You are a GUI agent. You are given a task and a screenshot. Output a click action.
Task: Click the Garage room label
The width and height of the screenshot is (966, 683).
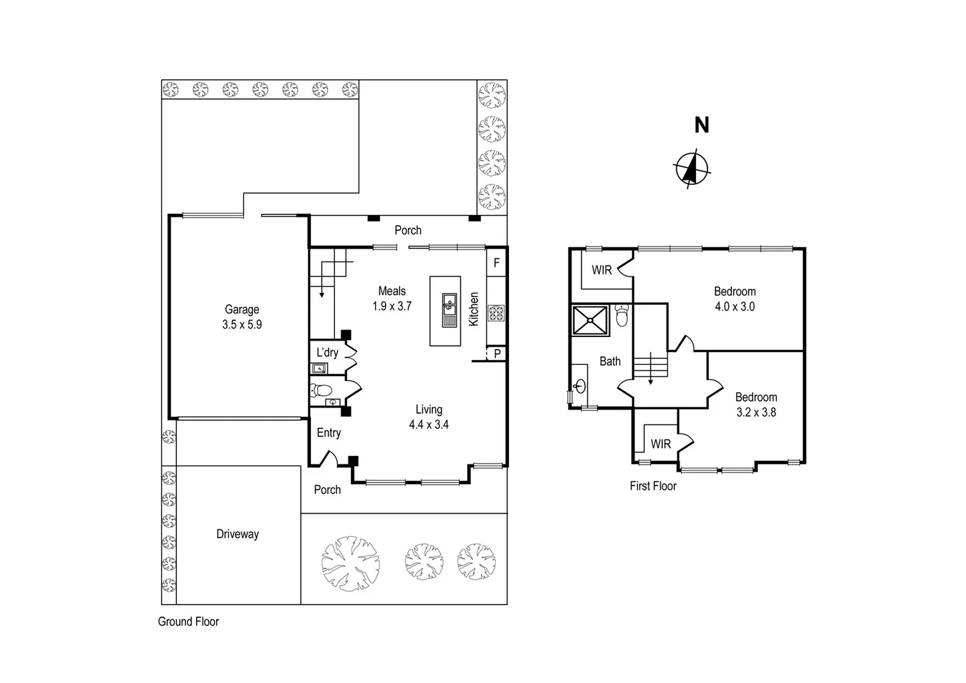(241, 309)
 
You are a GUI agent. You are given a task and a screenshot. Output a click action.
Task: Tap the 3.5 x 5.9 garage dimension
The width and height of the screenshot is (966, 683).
(241, 325)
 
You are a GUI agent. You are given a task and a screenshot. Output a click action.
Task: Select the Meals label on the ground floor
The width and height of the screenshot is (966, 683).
(391, 291)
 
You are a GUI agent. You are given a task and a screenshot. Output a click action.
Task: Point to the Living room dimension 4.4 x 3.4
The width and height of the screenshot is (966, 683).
(429, 425)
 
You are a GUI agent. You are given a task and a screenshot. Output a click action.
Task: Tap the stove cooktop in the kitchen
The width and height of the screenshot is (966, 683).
(496, 312)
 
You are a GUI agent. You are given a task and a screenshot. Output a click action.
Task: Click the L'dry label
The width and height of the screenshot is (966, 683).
(327, 353)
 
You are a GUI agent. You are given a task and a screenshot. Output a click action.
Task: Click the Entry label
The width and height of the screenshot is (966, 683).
(329, 433)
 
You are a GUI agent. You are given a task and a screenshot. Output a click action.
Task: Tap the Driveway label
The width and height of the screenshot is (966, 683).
(237, 534)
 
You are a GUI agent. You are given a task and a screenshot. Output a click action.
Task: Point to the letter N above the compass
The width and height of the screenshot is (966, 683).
(702, 125)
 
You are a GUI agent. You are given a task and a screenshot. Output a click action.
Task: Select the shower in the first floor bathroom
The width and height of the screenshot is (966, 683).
(590, 320)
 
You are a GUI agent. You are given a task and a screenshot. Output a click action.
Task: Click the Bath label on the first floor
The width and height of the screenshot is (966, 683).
(609, 361)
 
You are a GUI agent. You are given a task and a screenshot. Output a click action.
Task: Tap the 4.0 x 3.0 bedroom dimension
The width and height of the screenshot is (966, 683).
(735, 307)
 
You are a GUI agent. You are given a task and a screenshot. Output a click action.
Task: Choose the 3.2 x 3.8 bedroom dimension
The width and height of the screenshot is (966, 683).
(755, 412)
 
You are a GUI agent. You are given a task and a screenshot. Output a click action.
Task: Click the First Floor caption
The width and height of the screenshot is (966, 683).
(652, 486)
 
